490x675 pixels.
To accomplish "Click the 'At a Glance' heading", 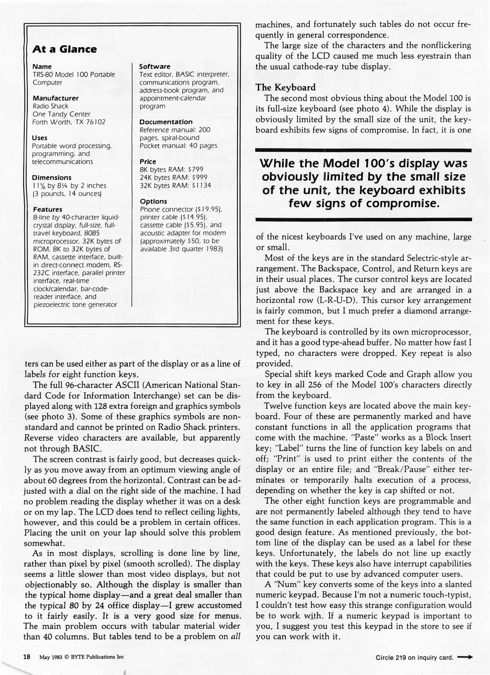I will pyautogui.click(x=64, y=49).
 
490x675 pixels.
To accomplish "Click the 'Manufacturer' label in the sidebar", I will pyautogui.click(x=56, y=98).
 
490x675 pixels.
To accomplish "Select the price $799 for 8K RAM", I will pyautogui.click(x=196, y=169).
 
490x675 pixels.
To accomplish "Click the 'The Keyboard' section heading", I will pyautogui.click(x=286, y=87).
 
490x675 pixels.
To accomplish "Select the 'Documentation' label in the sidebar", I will pyautogui.click(x=166, y=122).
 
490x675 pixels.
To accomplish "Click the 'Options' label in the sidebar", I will pyautogui.click(x=153, y=201).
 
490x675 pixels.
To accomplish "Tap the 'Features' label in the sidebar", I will pyautogui.click(x=47, y=209).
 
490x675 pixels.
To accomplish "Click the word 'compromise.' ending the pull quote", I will pyautogui.click(x=403, y=204).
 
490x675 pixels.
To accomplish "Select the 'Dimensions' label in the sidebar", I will pyautogui.click(x=51, y=177).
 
